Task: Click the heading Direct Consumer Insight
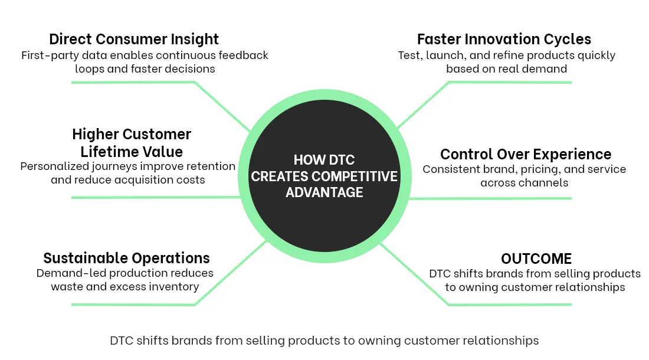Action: click(134, 40)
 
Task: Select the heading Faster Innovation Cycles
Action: click(504, 40)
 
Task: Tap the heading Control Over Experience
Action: click(525, 155)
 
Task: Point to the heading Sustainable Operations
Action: click(126, 258)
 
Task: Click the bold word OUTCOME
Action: click(536, 258)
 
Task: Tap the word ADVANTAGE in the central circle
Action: click(324, 192)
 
